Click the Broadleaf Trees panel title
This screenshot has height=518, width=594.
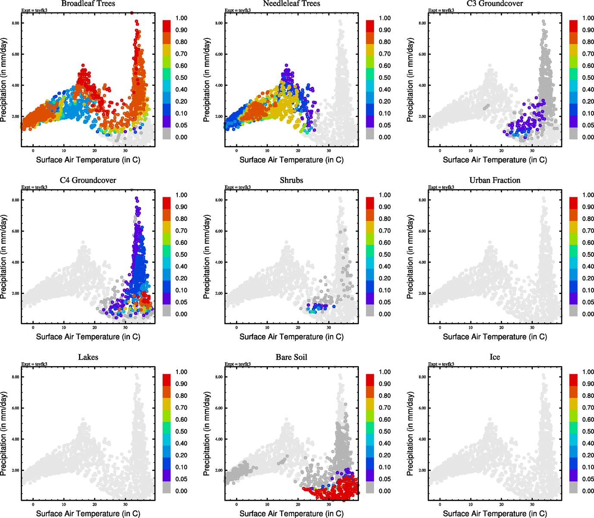[x=88, y=4]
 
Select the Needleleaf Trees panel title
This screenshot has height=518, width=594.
[x=292, y=4]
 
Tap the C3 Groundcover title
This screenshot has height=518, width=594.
[x=495, y=4]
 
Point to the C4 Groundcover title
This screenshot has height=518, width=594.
[x=88, y=180]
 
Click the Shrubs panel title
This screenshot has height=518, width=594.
[x=292, y=180]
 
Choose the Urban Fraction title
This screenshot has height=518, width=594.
[x=495, y=180]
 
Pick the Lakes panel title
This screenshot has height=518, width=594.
[x=88, y=357]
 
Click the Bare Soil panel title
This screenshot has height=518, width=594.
[x=292, y=357]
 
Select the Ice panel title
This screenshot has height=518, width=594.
[x=495, y=357]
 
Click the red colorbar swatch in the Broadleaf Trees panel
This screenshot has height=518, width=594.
[x=167, y=26]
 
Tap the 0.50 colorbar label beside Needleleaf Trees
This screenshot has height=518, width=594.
[x=385, y=78]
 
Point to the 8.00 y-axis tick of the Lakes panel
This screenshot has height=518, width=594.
[x=15, y=377]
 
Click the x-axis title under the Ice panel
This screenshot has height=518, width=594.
[x=495, y=513]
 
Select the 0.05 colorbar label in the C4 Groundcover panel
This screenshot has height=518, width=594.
[x=181, y=302]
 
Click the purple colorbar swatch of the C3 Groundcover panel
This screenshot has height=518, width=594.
[x=573, y=122]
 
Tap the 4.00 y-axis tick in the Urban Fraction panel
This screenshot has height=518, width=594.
[x=422, y=262]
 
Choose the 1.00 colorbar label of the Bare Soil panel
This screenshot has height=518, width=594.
[x=385, y=372]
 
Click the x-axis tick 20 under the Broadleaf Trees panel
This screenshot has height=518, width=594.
[x=94, y=151]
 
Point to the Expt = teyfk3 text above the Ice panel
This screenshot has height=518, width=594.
[x=441, y=364]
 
